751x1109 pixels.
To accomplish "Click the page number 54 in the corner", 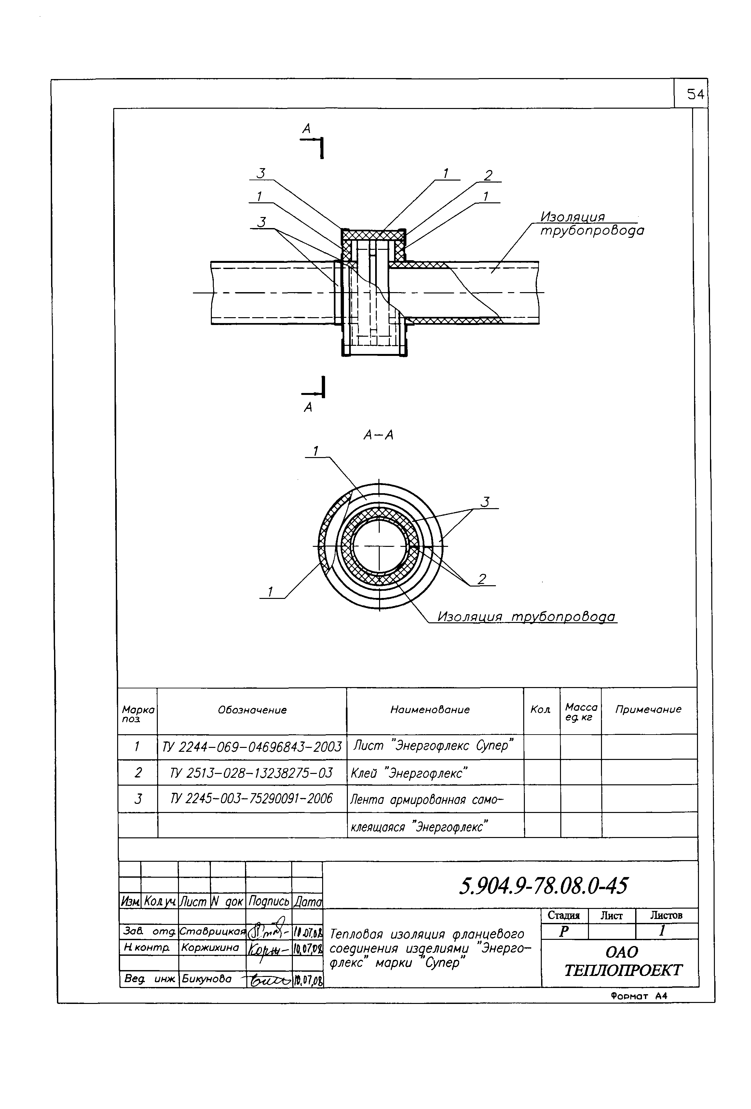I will (695, 94).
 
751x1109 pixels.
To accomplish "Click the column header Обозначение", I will (252, 710).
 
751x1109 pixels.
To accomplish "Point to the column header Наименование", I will (430, 710).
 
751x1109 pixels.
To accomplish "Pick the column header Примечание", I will (648, 710).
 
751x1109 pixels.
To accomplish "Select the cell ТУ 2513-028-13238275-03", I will (252, 773).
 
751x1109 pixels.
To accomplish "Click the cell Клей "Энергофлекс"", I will (409, 773).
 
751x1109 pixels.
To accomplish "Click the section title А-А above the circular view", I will (378, 435).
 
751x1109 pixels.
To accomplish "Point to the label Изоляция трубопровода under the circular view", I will (526, 617).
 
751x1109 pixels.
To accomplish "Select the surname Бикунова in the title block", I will (206, 979).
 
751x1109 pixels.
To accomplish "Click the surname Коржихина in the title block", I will (210, 947).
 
